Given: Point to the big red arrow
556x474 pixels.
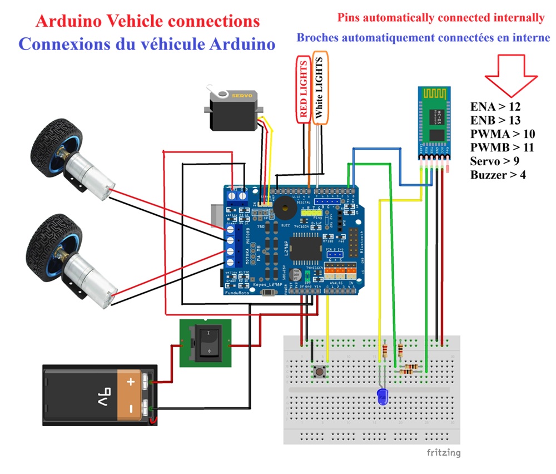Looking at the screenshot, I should click(x=510, y=75).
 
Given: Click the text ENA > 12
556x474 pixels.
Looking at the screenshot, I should click(x=495, y=106).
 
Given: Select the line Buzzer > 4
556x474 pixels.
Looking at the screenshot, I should click(x=498, y=175).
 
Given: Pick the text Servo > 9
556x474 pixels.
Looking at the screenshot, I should click(x=495, y=161).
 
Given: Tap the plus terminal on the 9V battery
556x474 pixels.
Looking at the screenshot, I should click(x=131, y=382).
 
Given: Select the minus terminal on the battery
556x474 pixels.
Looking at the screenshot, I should click(x=130, y=409).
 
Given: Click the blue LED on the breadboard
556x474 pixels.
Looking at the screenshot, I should click(x=383, y=397).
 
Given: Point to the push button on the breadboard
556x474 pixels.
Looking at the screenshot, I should click(x=320, y=371).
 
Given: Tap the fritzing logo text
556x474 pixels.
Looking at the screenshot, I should click(x=443, y=452).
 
